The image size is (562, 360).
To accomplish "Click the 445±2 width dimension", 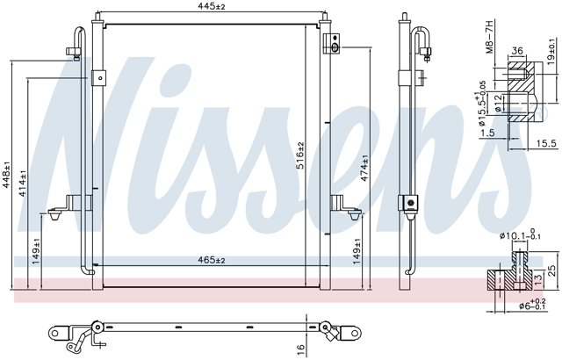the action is (212, 6).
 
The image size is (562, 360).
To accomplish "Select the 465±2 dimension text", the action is (212, 260).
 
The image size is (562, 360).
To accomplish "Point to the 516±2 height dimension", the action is (300, 155).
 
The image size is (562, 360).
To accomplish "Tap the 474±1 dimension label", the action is (364, 168).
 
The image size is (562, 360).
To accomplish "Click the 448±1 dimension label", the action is (6, 175).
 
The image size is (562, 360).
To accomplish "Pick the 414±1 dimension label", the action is (23, 183).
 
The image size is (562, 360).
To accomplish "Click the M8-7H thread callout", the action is (490, 37).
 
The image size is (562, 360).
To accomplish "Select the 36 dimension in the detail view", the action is (517, 51).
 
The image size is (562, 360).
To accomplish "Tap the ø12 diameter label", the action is (497, 103).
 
